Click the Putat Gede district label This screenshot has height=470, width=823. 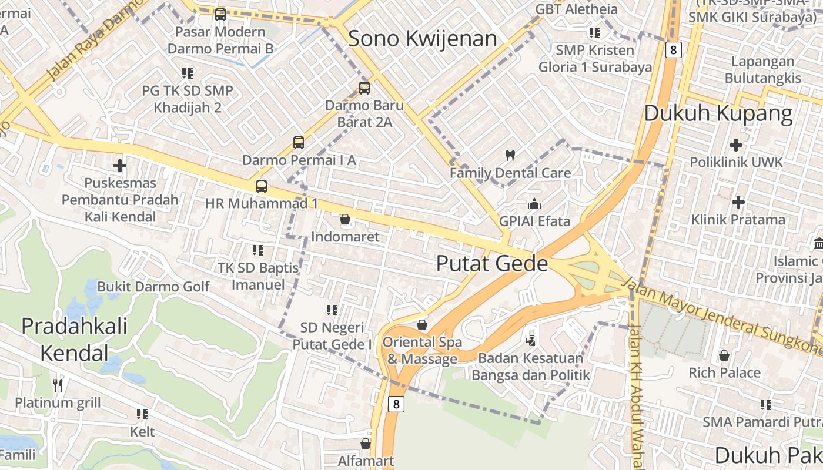click(492, 264)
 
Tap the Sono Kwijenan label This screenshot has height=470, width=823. click(423, 39)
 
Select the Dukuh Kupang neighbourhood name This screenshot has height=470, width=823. click(718, 113)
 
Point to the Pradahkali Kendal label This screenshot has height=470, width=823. click(74, 339)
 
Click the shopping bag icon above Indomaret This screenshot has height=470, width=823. click(345, 220)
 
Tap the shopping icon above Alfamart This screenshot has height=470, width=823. click(366, 444)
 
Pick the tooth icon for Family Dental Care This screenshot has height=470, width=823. click(510, 156)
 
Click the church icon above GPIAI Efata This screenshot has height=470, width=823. click(534, 204)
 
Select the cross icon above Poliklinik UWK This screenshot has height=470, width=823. click(736, 145)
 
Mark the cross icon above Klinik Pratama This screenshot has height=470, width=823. click(738, 202)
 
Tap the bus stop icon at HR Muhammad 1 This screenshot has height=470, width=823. click(262, 186)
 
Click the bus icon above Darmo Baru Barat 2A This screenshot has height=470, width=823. click(364, 88)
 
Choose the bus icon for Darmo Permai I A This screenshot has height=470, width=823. click(299, 142)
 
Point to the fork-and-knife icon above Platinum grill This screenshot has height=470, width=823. click(58, 385)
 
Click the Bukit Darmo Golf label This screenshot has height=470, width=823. click(153, 287)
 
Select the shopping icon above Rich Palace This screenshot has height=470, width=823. click(724, 355)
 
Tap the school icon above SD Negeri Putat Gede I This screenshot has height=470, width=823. click(332, 310)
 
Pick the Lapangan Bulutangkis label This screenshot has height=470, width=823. click(762, 69)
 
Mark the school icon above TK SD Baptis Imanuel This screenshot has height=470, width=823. click(258, 250)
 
